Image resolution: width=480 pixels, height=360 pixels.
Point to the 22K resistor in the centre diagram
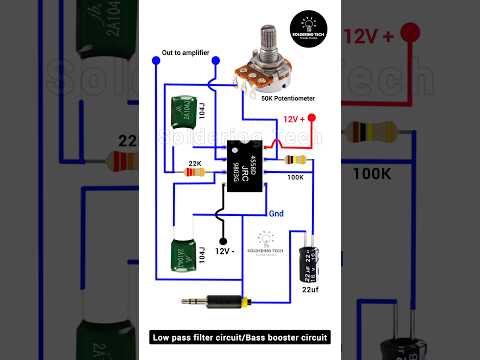pyautogui.click(x=196, y=171)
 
